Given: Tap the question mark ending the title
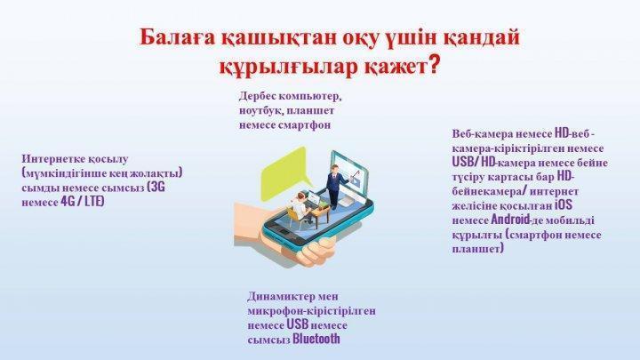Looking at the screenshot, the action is coord(434,65).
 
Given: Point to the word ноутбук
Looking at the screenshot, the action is coord(259,110).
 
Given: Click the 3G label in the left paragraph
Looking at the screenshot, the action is coord(156,188).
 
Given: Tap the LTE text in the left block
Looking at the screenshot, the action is coord(94,202).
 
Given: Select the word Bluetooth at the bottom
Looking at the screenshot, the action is coord(316,339).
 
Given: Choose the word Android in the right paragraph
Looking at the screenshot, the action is coord(510,220).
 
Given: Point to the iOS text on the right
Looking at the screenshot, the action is coord(564,204).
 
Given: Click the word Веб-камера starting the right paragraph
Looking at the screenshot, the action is coord(480,134).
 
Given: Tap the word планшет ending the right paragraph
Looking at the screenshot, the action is coord(477,249).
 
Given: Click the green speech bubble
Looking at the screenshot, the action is coord(284,173).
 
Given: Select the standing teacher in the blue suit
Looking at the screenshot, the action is coord(335,186).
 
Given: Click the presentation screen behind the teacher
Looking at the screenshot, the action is coord(350,172).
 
